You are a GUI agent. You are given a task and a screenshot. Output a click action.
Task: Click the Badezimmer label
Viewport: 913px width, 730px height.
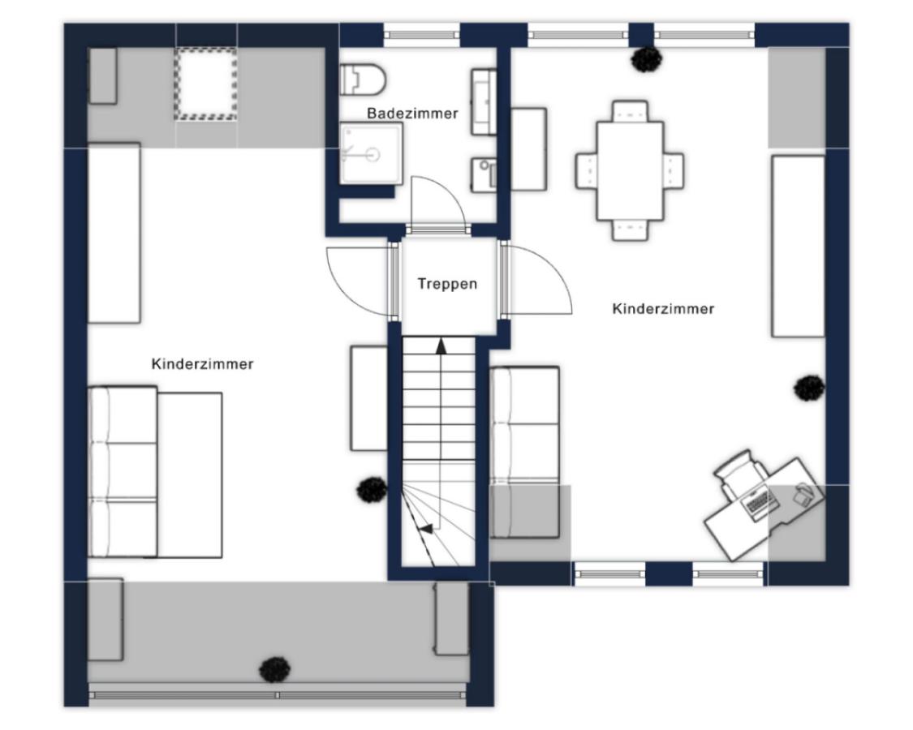412,114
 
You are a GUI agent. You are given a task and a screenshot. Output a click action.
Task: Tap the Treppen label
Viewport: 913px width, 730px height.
447,284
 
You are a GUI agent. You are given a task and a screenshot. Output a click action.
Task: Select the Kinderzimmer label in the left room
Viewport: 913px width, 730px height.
202,364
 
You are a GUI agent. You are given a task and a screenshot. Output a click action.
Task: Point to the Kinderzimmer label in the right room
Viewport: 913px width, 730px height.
663,308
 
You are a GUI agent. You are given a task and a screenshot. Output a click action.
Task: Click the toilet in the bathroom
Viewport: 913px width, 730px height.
364,79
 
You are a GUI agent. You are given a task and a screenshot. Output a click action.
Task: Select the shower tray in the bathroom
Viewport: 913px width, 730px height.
372,153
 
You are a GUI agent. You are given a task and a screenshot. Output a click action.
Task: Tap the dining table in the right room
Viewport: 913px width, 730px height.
630,170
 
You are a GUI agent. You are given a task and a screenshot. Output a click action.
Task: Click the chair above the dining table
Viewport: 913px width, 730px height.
630,112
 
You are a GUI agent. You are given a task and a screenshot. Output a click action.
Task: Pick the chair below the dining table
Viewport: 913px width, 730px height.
630,230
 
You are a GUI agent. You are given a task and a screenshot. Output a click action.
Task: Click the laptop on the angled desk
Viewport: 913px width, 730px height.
760,502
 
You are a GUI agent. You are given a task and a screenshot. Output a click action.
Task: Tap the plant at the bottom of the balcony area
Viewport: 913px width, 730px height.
275,669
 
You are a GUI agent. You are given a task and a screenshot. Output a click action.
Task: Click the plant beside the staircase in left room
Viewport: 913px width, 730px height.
372,490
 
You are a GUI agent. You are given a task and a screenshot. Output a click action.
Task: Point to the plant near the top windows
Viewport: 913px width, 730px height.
648,58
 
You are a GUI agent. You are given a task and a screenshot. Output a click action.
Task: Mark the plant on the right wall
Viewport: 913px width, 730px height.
809,388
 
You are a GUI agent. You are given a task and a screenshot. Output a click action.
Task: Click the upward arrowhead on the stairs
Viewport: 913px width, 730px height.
441,346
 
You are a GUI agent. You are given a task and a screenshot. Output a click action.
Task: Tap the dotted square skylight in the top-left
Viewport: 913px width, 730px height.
206,84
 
